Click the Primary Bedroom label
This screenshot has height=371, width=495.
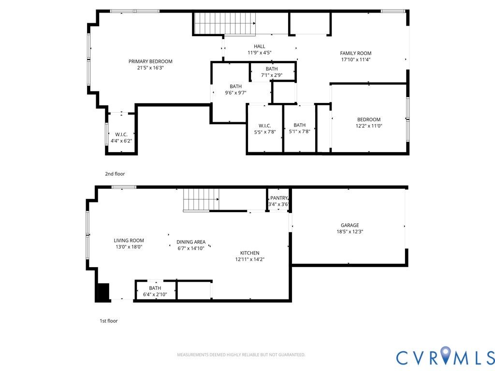pos(150,61)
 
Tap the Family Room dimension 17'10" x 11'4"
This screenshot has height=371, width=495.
pos(356,59)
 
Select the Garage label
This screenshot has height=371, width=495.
pos(350,225)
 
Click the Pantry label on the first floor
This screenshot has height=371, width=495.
pos(279,198)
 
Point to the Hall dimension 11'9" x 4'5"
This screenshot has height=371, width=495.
pos(260,53)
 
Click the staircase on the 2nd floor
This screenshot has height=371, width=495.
pos(224,23)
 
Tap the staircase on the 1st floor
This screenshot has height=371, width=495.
pos(201,200)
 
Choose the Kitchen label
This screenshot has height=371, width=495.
pos(250,253)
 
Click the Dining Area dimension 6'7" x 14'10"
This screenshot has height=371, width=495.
pos(191,248)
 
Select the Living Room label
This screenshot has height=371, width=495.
pos(129,241)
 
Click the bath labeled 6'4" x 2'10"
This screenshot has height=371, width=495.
pos(155,291)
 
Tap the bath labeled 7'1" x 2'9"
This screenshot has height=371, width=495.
pos(272,72)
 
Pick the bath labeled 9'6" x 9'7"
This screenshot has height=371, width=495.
pos(236,89)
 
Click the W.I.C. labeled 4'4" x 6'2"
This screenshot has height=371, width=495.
pos(121,138)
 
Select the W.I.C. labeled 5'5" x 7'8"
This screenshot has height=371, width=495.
pos(265,128)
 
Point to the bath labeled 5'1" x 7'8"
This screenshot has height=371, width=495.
pos(300,128)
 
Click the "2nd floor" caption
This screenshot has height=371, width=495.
pos(115,174)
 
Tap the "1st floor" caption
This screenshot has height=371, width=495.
pos(109,321)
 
